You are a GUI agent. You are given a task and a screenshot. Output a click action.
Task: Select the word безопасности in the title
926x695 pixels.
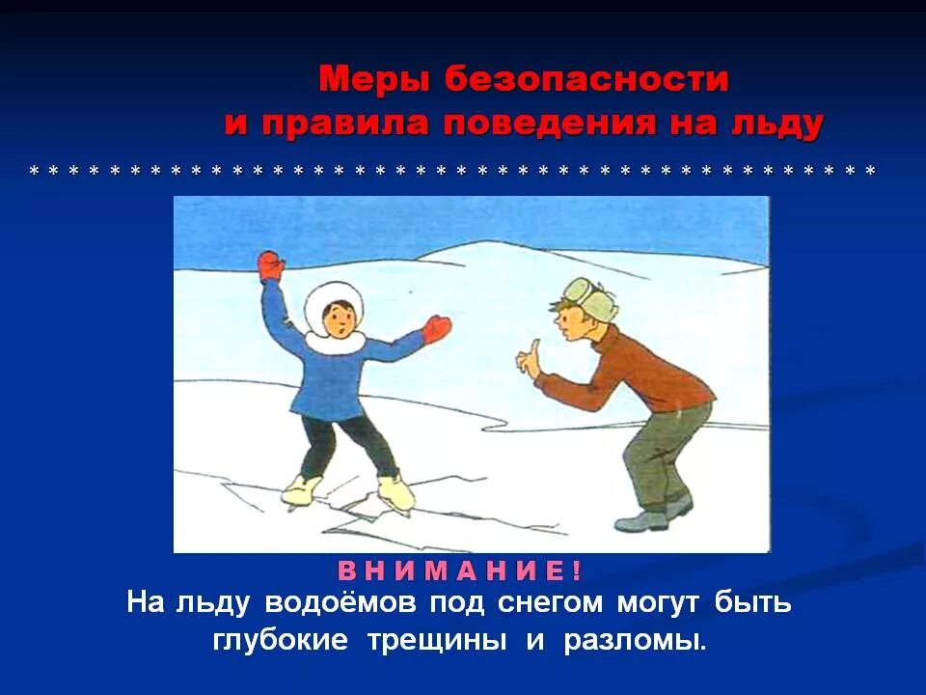click(586, 80)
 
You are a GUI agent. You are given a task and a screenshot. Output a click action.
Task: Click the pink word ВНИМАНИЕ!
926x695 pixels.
click(459, 570)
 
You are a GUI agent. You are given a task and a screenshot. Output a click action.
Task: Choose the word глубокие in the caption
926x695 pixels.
click(280, 641)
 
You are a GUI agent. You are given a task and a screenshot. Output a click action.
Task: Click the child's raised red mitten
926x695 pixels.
click(271, 264)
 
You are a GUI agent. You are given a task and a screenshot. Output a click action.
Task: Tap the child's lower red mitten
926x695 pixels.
click(437, 328)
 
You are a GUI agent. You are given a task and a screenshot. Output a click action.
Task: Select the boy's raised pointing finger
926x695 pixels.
click(525, 357)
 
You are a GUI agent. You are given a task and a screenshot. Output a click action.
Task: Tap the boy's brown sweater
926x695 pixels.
click(637, 372)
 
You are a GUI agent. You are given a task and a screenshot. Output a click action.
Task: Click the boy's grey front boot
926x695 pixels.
click(640, 521)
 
